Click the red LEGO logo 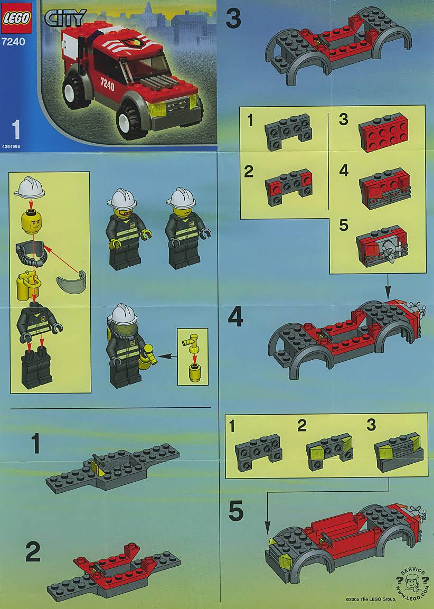17,18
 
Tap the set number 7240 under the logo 13,42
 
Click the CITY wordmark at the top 65,18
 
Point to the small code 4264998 11,146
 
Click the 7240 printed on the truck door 108,84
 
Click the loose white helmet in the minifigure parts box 30,187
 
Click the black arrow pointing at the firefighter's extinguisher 166,355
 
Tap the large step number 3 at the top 233,18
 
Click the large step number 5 237,511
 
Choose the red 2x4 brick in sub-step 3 383,132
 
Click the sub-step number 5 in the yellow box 344,225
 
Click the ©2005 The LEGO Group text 371,599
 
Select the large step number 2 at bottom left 33,552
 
